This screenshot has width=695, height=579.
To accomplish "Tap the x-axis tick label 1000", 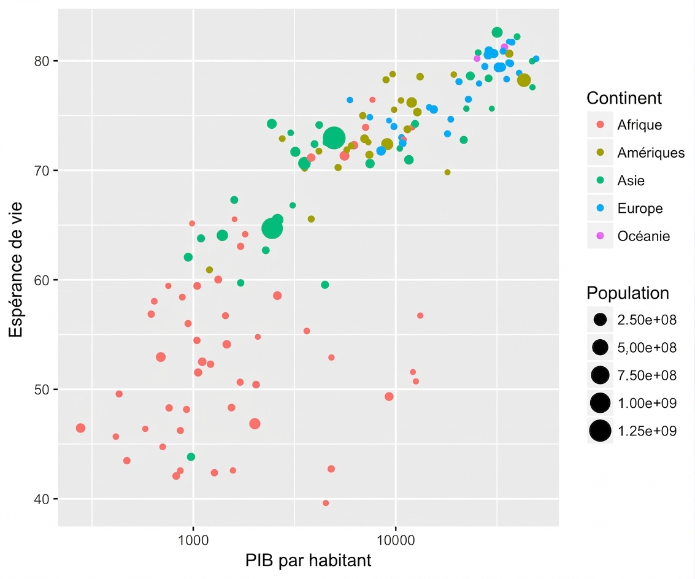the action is (193, 540).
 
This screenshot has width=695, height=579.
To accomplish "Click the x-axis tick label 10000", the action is (396, 540).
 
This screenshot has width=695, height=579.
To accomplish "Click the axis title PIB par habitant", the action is (308, 561).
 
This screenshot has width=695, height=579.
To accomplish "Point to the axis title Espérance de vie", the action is (16, 269).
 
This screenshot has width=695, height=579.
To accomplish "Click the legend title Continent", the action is (624, 98).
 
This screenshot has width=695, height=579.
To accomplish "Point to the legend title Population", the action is (628, 293).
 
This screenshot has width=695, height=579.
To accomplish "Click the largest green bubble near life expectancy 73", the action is (334, 138).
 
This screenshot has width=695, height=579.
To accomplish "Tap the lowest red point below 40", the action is (326, 503).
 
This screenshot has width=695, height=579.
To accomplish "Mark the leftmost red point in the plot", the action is (81, 428).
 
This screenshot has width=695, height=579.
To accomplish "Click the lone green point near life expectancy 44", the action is (191, 457).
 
